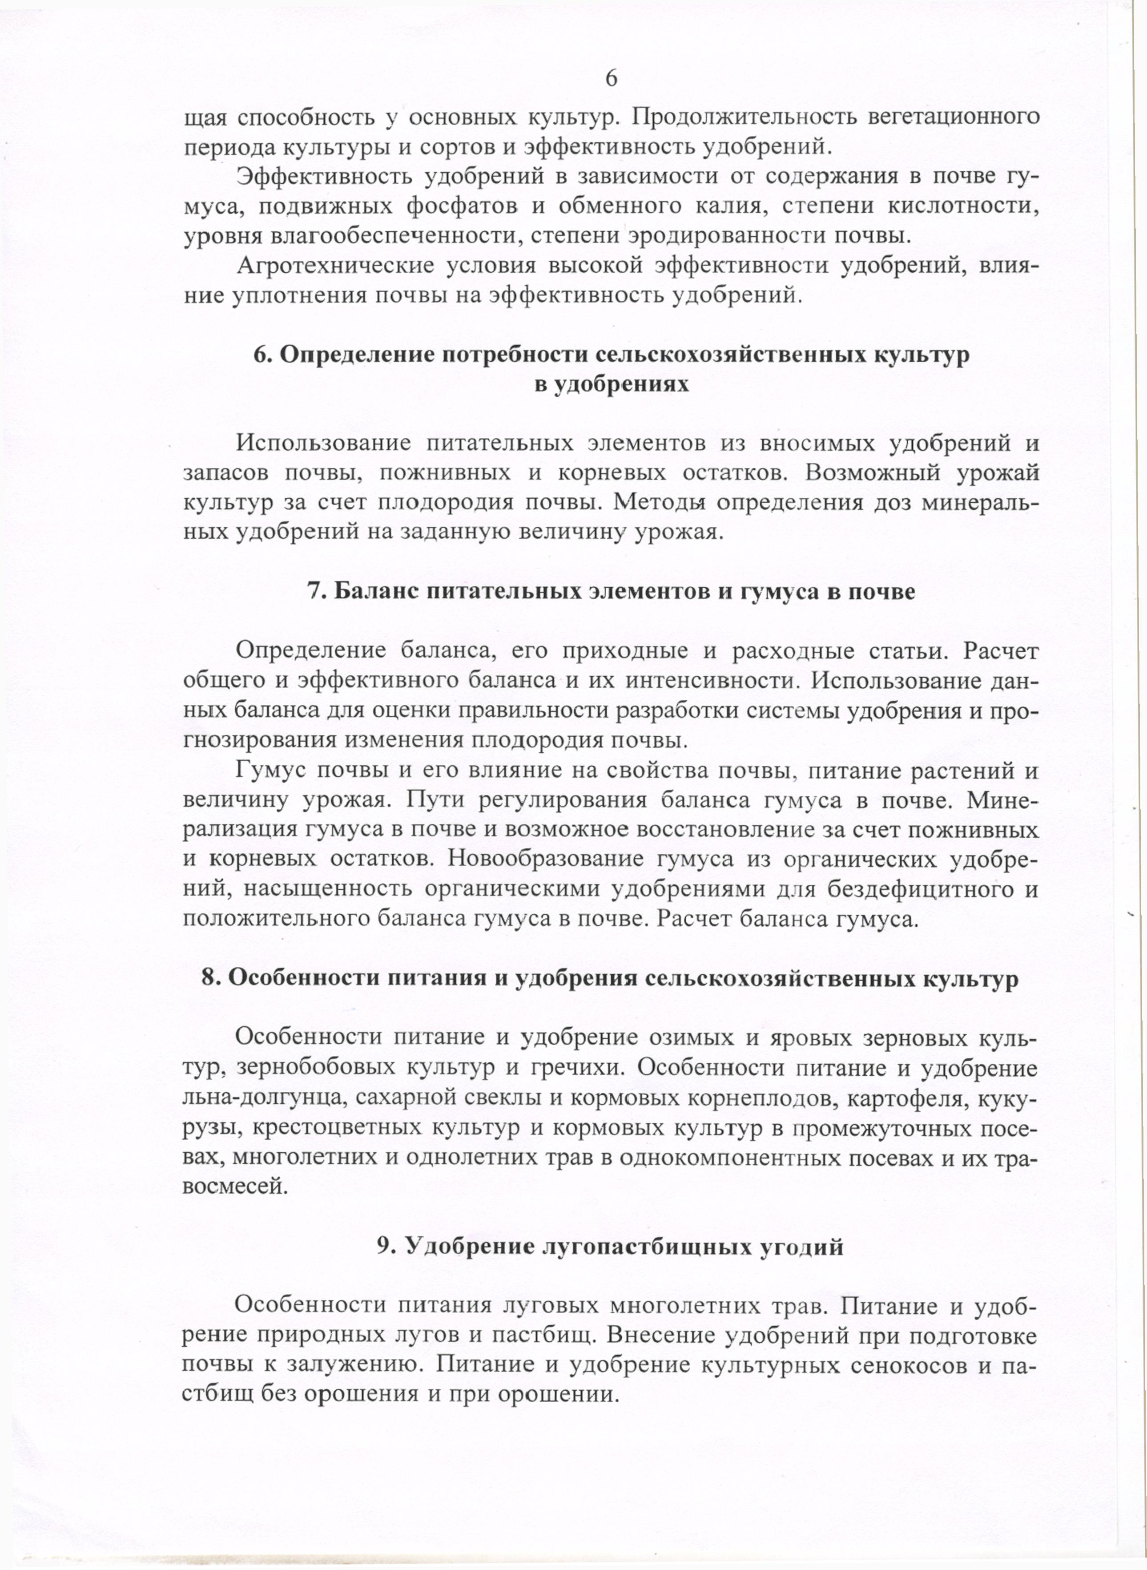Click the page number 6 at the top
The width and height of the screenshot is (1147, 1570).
(x=611, y=78)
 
